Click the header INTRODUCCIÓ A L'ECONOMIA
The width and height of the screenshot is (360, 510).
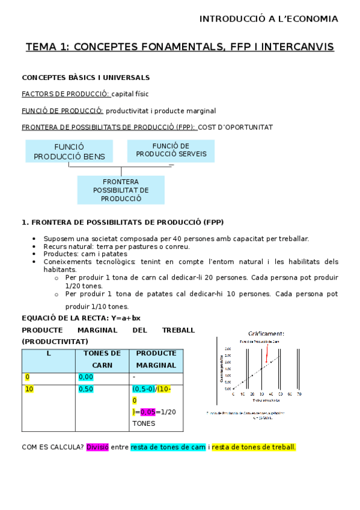269,19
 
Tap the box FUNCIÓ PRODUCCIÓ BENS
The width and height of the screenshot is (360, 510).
69,152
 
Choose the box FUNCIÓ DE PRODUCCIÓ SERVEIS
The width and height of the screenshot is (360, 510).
171,150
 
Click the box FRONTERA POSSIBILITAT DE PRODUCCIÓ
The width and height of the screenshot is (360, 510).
121,189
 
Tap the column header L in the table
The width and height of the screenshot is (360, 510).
49,353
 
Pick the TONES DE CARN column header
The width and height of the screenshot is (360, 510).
102,359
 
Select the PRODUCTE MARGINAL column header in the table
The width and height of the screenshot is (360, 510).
156,359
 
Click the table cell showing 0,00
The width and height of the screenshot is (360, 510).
86,377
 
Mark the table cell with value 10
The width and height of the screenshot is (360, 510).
29,389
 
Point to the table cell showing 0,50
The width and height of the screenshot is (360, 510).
86,389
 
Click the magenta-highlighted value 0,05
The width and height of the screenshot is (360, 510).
147,412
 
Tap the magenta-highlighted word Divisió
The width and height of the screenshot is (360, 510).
97,447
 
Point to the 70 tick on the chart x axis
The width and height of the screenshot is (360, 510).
299,394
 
